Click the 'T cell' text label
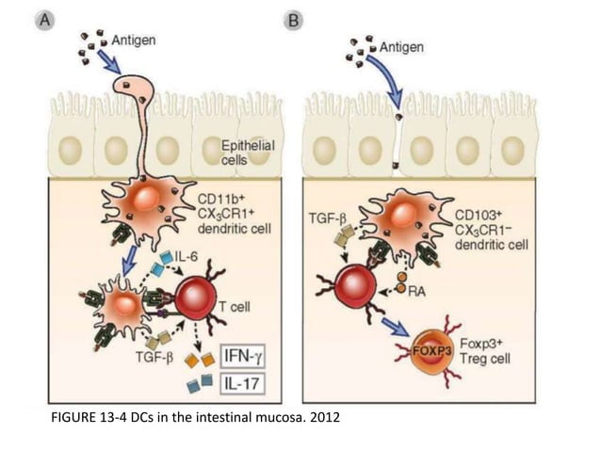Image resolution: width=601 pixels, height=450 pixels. tap(248, 306)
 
